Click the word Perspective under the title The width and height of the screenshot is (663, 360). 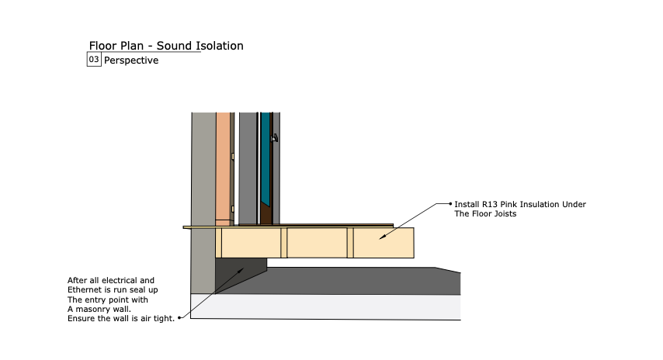[131, 61]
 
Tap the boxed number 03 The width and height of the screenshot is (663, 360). [94, 60]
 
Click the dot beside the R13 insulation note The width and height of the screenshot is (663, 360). [450, 204]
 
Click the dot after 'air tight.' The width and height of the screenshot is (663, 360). [179, 317]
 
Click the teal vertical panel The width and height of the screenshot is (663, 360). [266, 155]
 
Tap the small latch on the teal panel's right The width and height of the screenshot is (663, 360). [274, 139]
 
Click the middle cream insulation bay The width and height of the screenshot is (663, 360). [318, 243]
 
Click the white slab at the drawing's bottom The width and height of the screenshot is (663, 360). [326, 306]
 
